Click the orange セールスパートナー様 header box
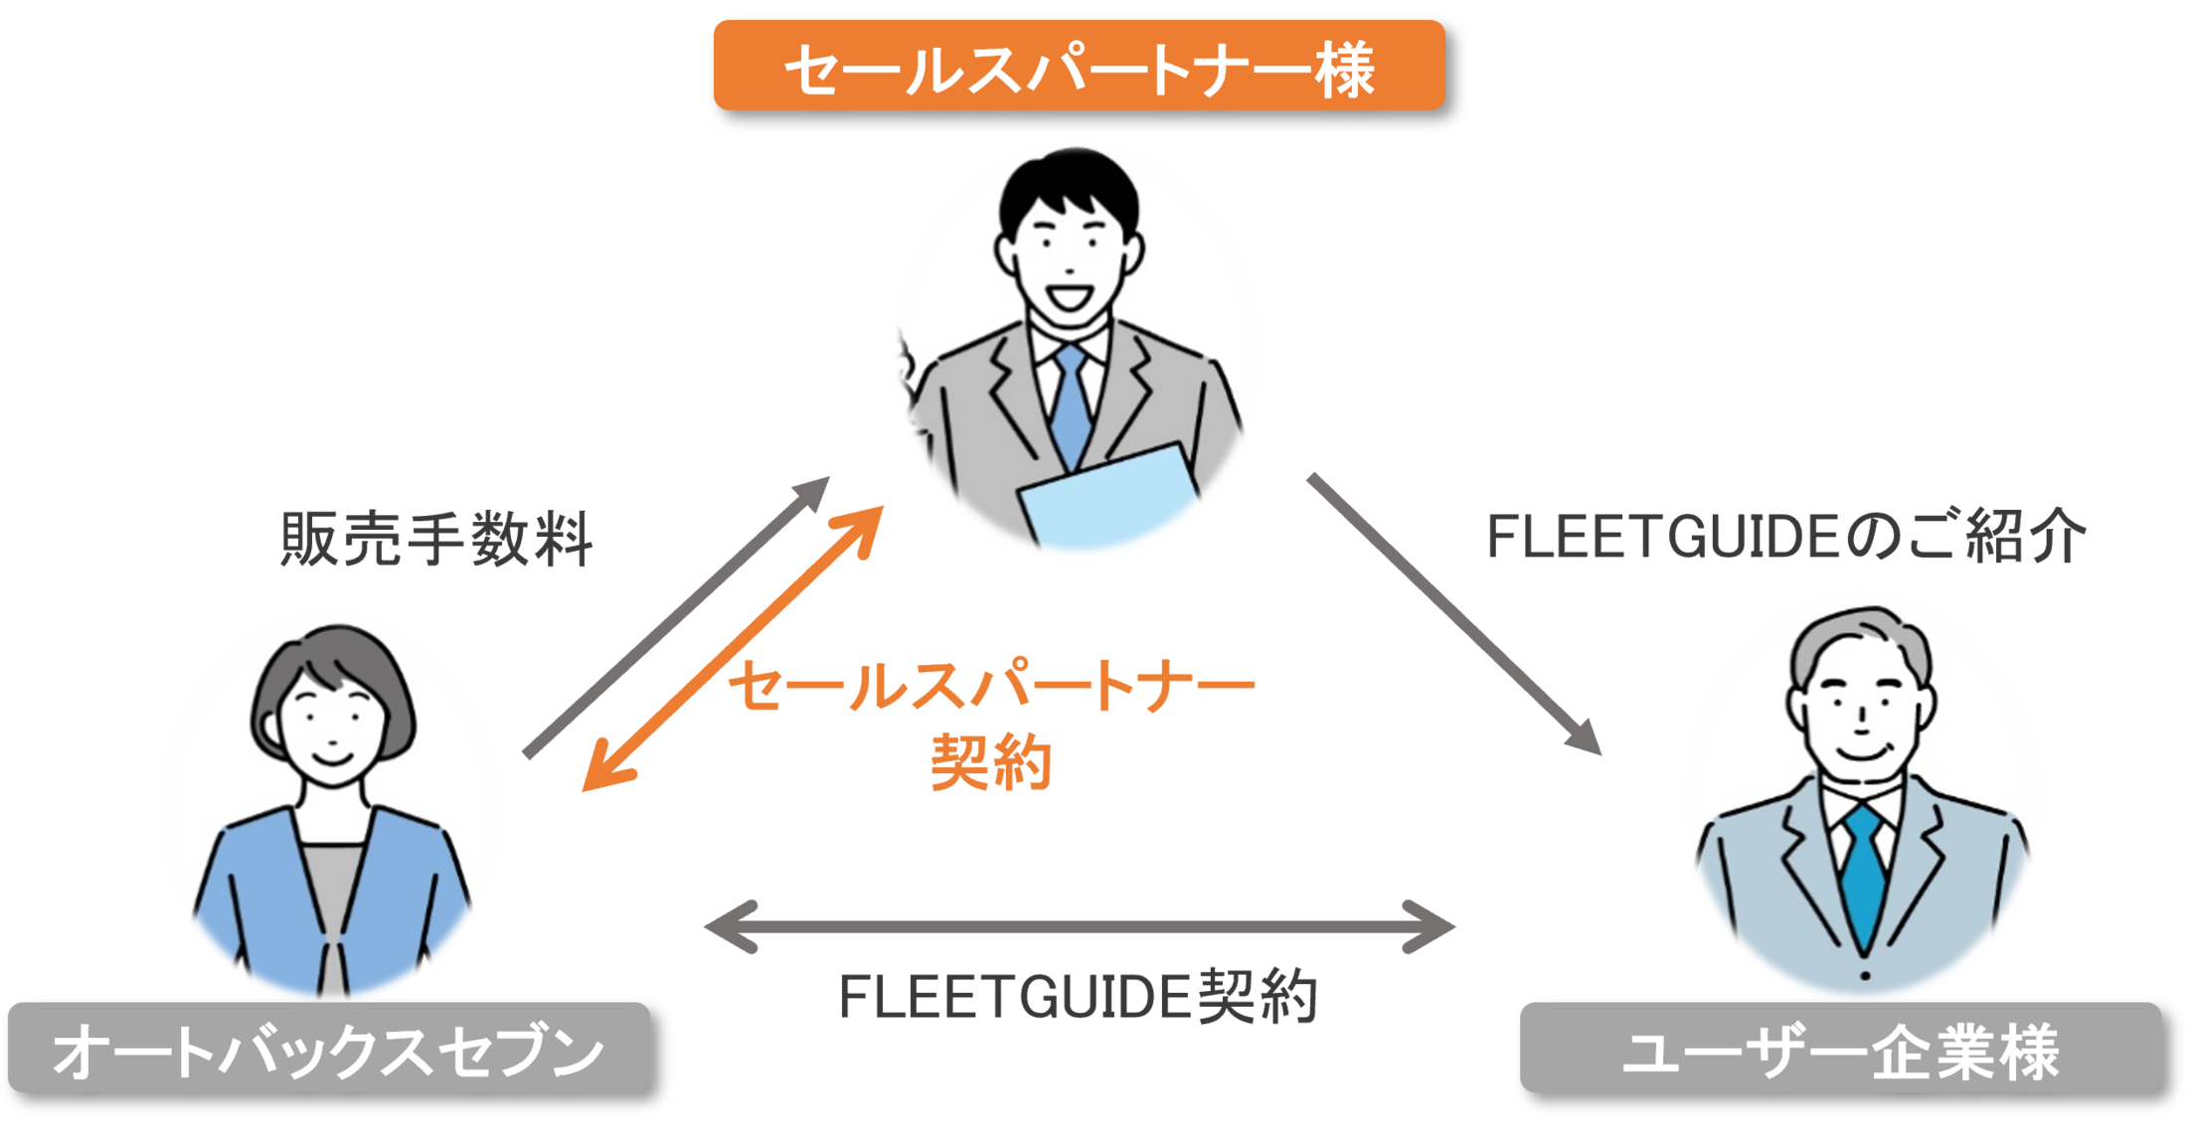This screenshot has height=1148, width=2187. (1079, 66)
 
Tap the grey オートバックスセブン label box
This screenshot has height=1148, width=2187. (328, 1049)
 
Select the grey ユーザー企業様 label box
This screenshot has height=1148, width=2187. (1840, 1049)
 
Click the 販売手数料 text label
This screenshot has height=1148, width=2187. (436, 539)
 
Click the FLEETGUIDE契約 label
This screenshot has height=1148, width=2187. (1078, 997)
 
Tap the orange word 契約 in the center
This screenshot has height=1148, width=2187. (991, 762)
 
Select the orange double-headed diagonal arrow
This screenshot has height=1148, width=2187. (733, 648)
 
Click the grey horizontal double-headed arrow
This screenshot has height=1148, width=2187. (1079, 926)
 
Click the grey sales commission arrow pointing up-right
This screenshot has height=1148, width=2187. (676, 616)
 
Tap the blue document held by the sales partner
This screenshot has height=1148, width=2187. (1108, 502)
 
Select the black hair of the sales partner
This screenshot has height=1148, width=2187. (1069, 184)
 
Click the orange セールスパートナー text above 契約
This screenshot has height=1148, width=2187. (991, 686)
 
